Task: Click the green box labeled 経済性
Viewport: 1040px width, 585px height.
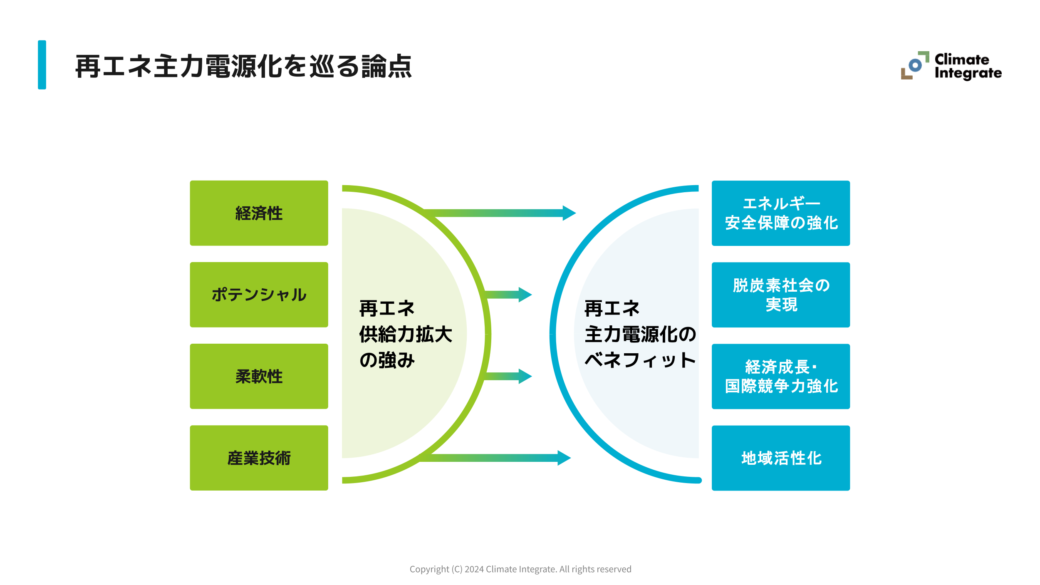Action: coord(259,213)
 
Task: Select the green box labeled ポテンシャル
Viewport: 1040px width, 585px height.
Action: coord(259,295)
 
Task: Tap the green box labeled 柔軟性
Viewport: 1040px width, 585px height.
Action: coord(259,376)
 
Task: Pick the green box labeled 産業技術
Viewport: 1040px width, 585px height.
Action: coord(259,458)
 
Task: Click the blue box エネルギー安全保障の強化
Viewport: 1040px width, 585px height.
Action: coord(780,213)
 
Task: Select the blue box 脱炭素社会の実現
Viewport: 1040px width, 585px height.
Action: coord(780,295)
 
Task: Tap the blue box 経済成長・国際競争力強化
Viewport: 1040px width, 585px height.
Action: coord(780,376)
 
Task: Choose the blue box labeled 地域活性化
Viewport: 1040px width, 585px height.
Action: coord(780,458)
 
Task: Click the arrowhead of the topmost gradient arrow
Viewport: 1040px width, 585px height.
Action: coord(568,213)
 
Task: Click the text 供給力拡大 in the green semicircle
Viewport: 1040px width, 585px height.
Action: coord(406,334)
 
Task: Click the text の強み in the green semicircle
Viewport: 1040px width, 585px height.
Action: coord(387,360)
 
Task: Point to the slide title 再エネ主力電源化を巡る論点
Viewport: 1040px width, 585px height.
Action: coord(243,66)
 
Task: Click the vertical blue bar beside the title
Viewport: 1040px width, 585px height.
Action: coord(42,65)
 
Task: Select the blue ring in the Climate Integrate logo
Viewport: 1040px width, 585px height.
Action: coord(915,65)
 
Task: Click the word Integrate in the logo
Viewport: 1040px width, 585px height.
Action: coord(968,73)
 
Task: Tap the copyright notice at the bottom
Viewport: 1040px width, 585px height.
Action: coord(520,569)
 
